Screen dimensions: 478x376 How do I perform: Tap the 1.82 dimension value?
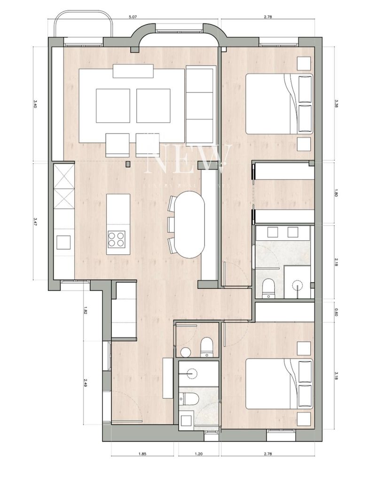pyautogui.click(x=85, y=311)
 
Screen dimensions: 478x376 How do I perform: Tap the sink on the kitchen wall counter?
pyautogui.click(x=63, y=243)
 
